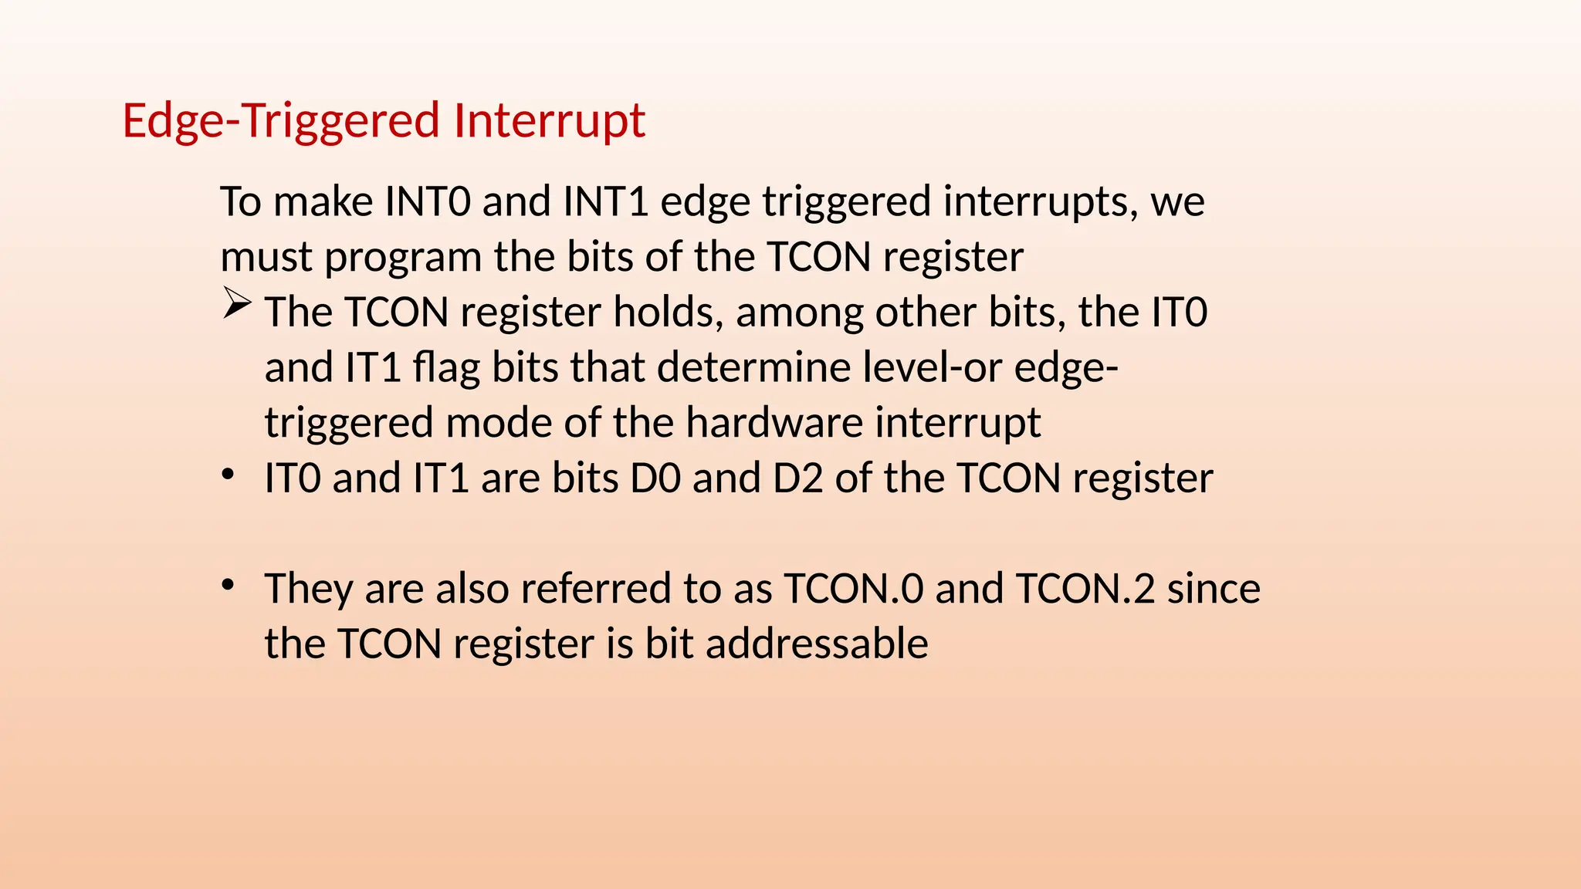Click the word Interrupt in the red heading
[x=549, y=121]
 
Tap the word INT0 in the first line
[x=427, y=201]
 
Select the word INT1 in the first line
[x=605, y=201]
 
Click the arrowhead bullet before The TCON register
[x=237, y=303]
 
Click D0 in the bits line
[x=655, y=478]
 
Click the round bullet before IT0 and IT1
[x=227, y=475]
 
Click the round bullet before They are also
[x=227, y=586]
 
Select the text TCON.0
[x=854, y=589]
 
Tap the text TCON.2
[x=1085, y=589]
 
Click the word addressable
[x=817, y=644]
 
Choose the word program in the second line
[x=403, y=259]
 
